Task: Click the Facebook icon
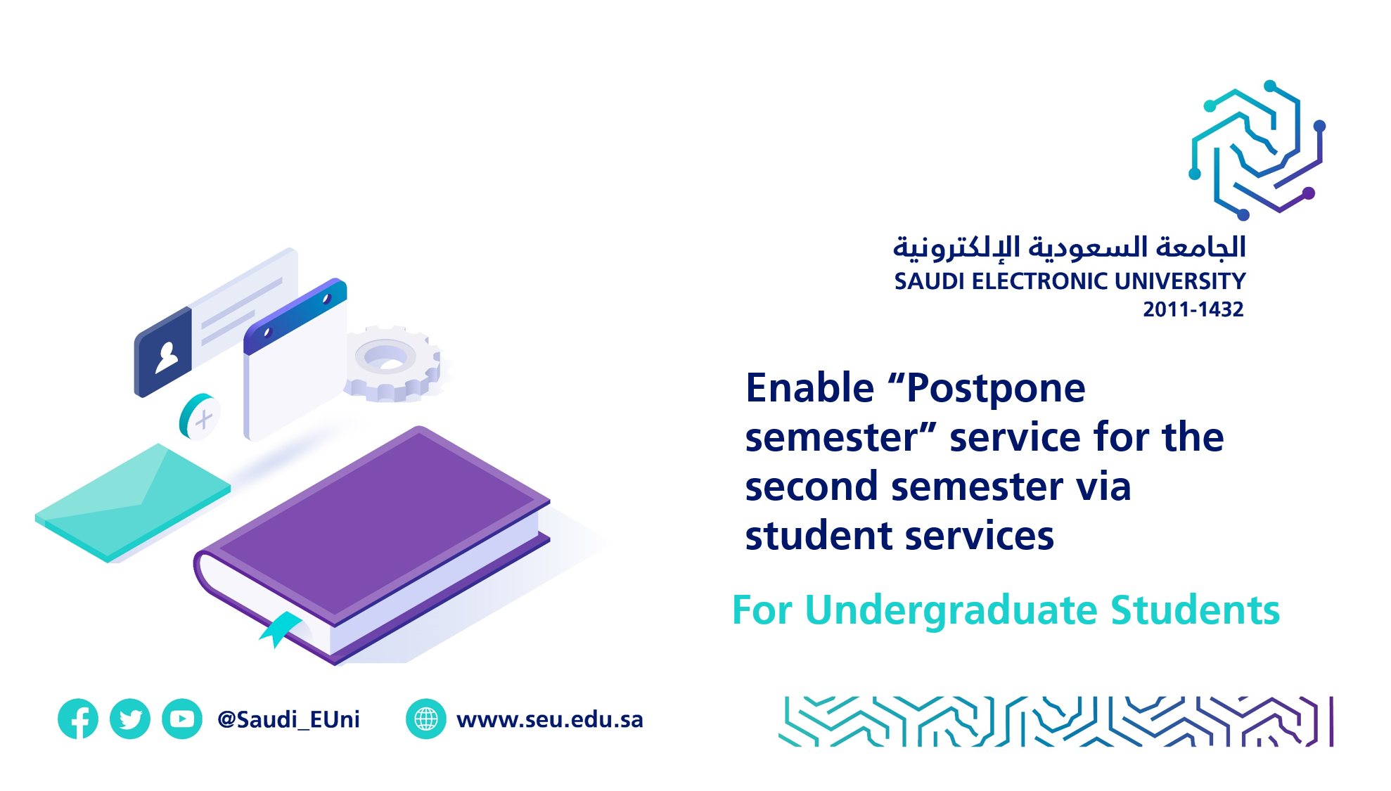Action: pyautogui.click(x=78, y=719)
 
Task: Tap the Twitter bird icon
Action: pyautogui.click(x=130, y=719)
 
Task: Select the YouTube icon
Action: pyautogui.click(x=182, y=719)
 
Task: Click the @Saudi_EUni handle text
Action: pyautogui.click(x=288, y=719)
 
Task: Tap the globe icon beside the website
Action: pyautogui.click(x=426, y=719)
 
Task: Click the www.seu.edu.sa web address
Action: pyautogui.click(x=550, y=719)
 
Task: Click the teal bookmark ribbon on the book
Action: pyautogui.click(x=281, y=627)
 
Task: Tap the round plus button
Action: pyautogui.click(x=200, y=417)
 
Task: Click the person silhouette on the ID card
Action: pyautogui.click(x=167, y=357)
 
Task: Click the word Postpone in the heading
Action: pyautogui.click(x=996, y=388)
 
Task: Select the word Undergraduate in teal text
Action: pyautogui.click(x=951, y=610)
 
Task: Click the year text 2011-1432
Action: pyautogui.click(x=1193, y=309)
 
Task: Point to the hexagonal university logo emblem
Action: pyautogui.click(x=1258, y=150)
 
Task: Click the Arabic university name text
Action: pyautogui.click(x=1069, y=247)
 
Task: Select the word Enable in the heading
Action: pyautogui.click(x=809, y=388)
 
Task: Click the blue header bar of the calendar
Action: pyautogui.click(x=295, y=316)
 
